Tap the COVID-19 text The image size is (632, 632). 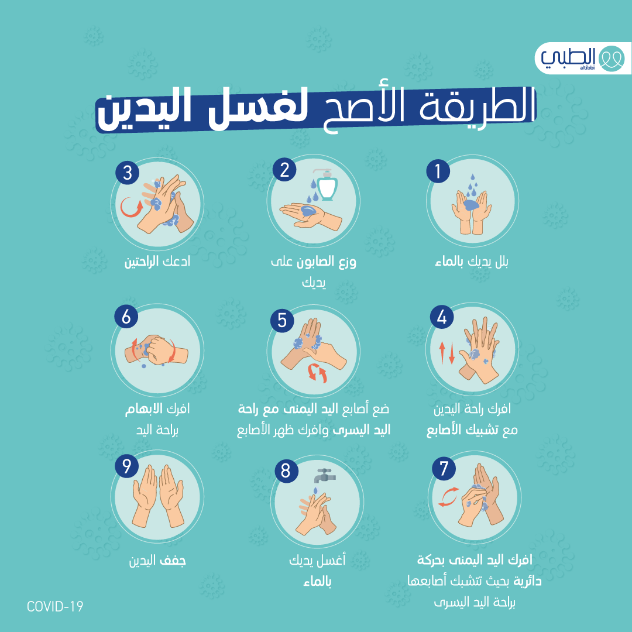tap(55, 606)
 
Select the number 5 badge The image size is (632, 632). tap(282, 320)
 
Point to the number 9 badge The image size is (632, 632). tap(126, 466)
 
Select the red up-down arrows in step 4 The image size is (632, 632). tap(446, 352)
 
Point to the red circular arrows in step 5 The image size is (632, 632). tap(317, 373)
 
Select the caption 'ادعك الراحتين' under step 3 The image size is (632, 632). tap(157, 262)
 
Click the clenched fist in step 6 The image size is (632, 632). tap(157, 350)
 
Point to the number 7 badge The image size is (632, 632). tap(444, 469)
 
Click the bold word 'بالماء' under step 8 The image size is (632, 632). tap(317, 583)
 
